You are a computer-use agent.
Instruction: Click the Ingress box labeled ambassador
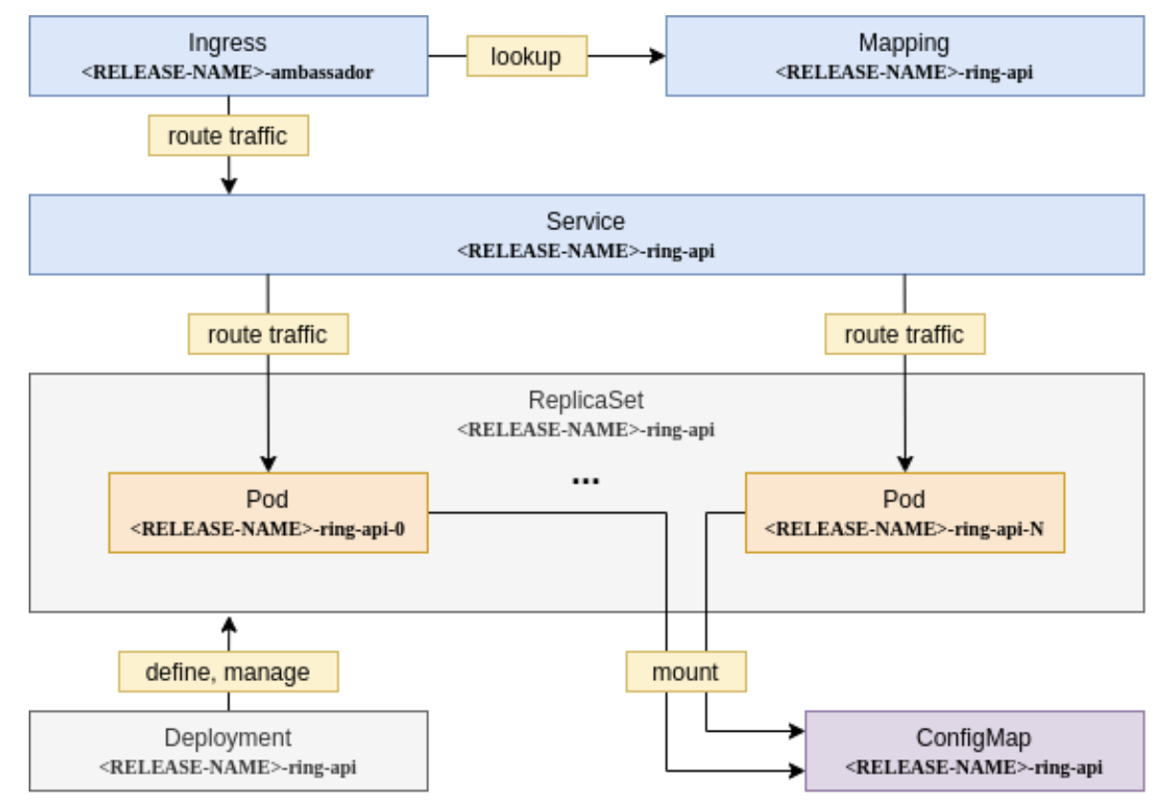coord(227,55)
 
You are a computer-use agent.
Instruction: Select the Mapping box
coord(903,55)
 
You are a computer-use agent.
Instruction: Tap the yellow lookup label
coord(526,56)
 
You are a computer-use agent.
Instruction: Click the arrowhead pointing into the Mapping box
coord(658,56)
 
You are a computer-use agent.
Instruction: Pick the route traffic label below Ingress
coord(227,136)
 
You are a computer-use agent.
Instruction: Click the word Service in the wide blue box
coord(585,222)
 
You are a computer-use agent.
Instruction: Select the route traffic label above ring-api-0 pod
coord(267,334)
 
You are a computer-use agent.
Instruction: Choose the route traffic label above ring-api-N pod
coord(903,334)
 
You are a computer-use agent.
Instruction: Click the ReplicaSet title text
coord(585,399)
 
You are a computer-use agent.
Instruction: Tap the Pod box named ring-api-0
coord(267,512)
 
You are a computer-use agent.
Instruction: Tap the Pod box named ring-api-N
coord(903,512)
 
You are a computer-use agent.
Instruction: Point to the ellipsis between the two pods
coord(585,481)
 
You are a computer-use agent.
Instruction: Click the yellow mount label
coord(685,671)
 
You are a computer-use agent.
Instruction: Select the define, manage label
coord(227,671)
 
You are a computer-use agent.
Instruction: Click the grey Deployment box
coord(227,750)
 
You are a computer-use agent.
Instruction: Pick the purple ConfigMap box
coord(973,750)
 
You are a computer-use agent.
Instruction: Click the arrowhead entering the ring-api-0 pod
coord(267,464)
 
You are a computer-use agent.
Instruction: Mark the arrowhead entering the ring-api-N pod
coord(903,464)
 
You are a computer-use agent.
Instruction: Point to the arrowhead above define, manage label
coord(227,624)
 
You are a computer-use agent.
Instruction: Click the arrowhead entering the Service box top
coord(227,186)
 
